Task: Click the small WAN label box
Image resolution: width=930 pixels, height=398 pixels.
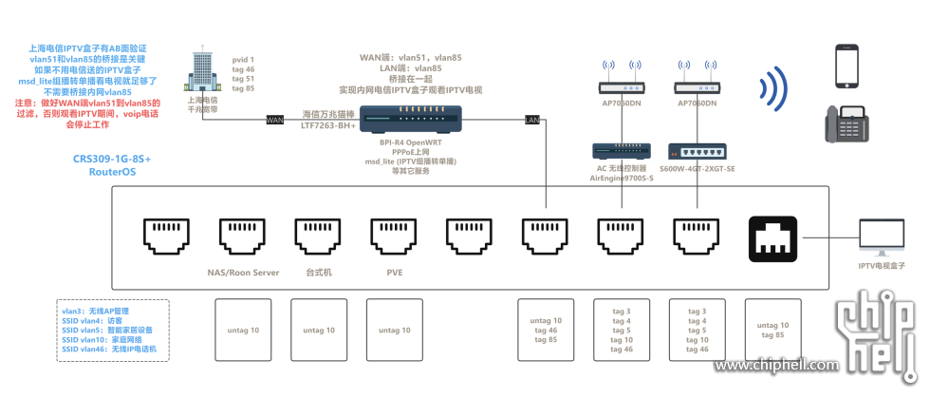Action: (275, 120)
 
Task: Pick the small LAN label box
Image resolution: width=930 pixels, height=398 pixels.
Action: (532, 120)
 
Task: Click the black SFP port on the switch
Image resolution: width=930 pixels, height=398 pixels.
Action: (772, 237)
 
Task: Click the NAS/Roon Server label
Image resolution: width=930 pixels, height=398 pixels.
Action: (243, 273)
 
